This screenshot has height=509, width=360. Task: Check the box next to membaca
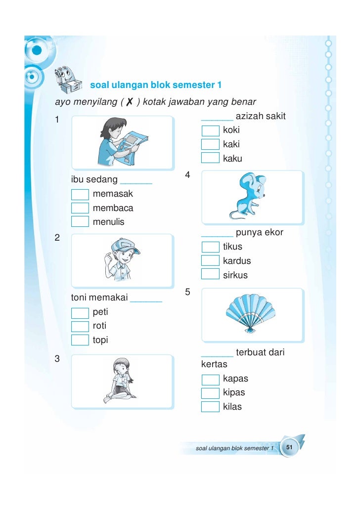(x=80, y=208)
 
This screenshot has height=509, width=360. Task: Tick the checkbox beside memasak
(x=80, y=194)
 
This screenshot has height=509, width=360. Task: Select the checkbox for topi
(x=80, y=340)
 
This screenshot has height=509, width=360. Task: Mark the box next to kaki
(x=210, y=144)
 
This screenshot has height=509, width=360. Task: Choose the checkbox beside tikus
(x=210, y=247)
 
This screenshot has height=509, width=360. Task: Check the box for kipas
(x=210, y=393)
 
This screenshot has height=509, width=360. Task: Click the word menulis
(x=108, y=222)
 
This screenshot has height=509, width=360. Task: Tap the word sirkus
(x=235, y=275)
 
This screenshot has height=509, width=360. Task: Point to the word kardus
(x=237, y=261)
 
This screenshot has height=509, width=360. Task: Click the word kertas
(x=214, y=364)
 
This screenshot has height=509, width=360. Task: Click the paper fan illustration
(x=251, y=314)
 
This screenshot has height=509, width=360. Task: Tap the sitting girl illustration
(x=121, y=381)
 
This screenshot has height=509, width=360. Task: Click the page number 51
(x=289, y=447)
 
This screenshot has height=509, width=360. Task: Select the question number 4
(x=187, y=175)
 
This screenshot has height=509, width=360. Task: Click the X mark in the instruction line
(x=130, y=102)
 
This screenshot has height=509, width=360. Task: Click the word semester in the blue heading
(x=194, y=85)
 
